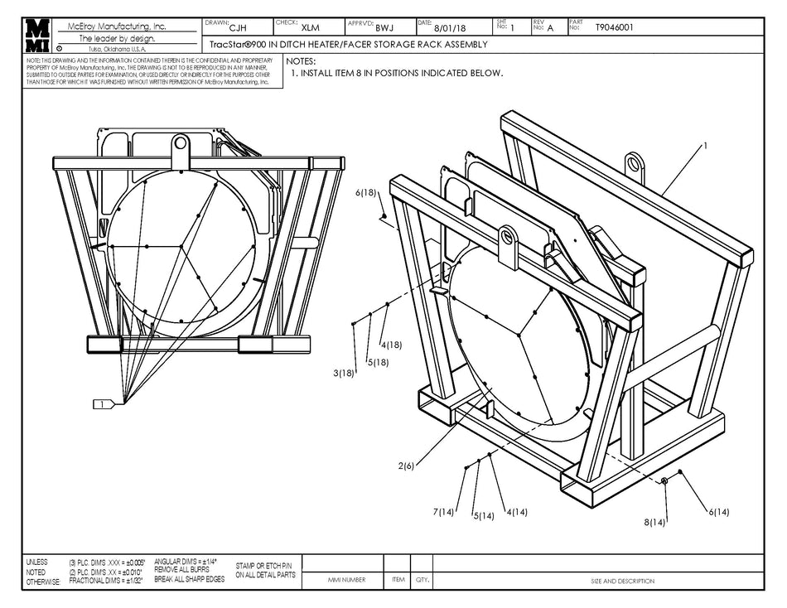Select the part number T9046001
click(614, 27)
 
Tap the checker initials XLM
click(310, 28)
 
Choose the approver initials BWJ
click(384, 28)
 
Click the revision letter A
click(550, 28)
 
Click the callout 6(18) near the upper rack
click(366, 193)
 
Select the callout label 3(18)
click(344, 374)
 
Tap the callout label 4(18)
click(391, 345)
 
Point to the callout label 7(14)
click(443, 512)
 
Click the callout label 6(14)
click(718, 512)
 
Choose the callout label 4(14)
click(516, 512)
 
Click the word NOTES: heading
click(301, 61)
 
